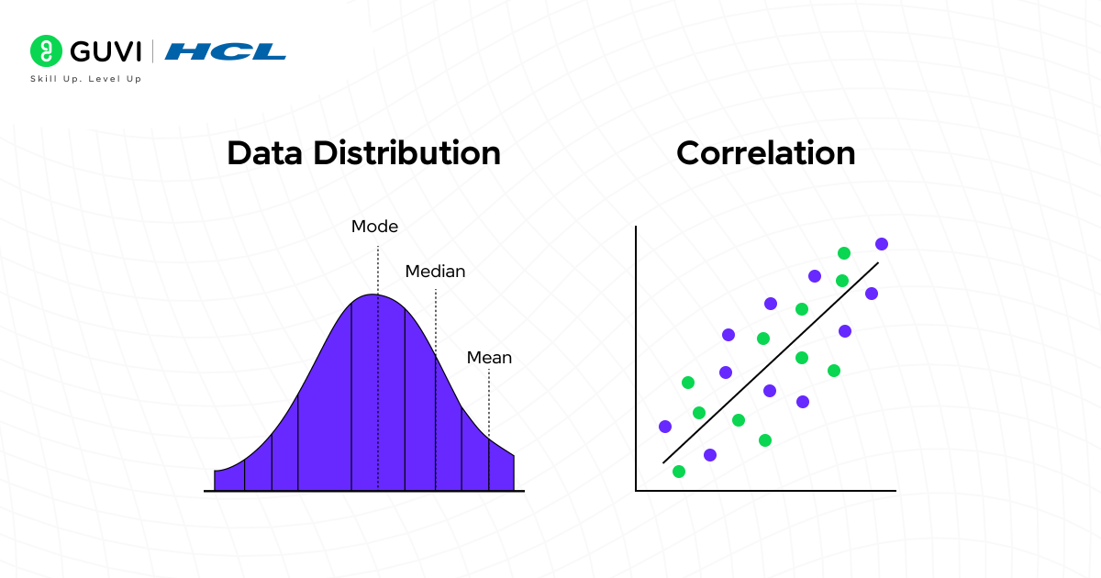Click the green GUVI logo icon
click(45, 51)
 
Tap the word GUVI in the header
click(102, 51)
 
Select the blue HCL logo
click(226, 51)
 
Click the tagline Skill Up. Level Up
click(86, 80)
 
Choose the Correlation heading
click(765, 153)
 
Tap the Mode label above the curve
click(375, 227)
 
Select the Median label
click(435, 272)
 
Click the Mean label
click(489, 358)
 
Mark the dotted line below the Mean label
click(489, 404)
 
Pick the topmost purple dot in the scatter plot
click(882, 244)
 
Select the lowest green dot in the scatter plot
click(679, 472)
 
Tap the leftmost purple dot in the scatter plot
click(665, 427)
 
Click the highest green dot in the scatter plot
click(844, 253)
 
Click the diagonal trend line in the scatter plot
click(771, 362)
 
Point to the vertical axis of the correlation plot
click(636, 358)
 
